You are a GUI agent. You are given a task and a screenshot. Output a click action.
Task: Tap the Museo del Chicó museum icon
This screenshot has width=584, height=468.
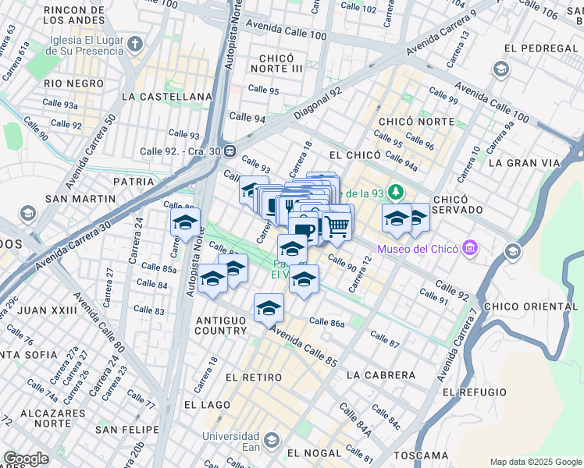[470, 250]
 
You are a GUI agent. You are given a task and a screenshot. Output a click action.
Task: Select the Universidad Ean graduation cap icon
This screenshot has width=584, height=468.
[271, 441]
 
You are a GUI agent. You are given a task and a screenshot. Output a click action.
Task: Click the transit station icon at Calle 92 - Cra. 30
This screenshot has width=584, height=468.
[230, 151]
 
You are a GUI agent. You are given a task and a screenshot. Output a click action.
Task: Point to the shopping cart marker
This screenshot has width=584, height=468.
[337, 226]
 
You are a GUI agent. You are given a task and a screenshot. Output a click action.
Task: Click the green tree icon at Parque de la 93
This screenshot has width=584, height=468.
[397, 192]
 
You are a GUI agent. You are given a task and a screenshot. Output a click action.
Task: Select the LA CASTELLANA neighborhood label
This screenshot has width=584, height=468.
[167, 97]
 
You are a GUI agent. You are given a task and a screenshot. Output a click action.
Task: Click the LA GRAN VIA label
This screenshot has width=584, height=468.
[524, 163]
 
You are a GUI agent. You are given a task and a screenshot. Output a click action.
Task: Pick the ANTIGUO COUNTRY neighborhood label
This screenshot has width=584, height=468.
[221, 325]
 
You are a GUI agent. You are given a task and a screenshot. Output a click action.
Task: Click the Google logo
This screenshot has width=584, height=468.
[26, 459]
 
